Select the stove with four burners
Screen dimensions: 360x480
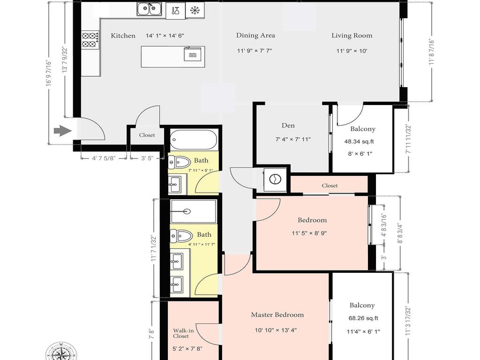90,39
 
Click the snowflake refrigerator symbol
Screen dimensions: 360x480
195,10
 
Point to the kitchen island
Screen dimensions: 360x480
173,57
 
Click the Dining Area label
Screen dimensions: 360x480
255,35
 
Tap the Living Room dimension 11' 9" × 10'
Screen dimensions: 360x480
352,51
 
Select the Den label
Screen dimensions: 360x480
288,125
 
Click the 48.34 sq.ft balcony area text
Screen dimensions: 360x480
359,141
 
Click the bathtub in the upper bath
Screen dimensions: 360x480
193,139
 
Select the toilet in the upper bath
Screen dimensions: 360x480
178,162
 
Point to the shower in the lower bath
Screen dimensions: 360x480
193,211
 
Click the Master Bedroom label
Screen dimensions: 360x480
277,315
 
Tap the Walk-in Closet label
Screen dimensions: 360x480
181,333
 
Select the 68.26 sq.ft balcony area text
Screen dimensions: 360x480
362,318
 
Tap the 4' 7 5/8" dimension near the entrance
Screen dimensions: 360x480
104,158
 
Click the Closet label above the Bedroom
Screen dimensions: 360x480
330,186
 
